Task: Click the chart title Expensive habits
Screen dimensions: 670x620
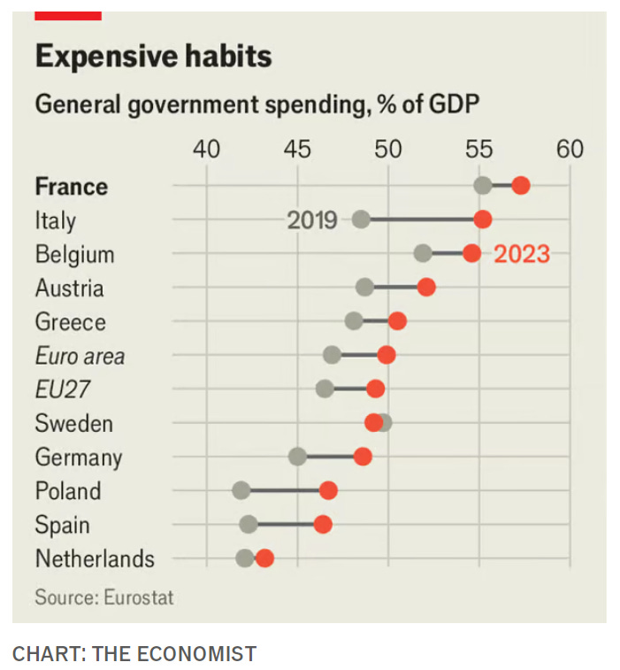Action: [x=153, y=58]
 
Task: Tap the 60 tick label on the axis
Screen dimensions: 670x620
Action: [x=570, y=149]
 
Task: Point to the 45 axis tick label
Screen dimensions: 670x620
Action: [x=297, y=149]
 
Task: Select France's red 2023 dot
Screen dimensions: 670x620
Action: [x=521, y=185]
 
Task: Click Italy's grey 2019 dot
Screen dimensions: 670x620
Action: [x=361, y=219]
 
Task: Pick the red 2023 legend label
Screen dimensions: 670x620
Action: [x=522, y=255]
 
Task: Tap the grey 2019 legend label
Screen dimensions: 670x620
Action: [x=312, y=219]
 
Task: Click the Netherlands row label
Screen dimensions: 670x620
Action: [x=95, y=559]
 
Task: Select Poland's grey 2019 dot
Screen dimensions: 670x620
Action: [x=241, y=490]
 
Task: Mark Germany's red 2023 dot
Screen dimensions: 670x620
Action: [x=363, y=457]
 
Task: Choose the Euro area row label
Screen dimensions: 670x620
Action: [x=80, y=356]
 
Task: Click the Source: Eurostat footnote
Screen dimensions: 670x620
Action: [x=104, y=597]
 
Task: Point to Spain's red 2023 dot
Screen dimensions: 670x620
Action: [x=323, y=524]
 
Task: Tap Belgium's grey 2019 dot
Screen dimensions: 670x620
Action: [x=423, y=254]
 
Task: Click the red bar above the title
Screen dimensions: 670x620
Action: [x=68, y=15]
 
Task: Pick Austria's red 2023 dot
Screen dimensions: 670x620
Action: [x=426, y=287]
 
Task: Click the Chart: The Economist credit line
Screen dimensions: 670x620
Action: [x=134, y=654]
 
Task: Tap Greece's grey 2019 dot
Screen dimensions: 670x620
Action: [x=354, y=320]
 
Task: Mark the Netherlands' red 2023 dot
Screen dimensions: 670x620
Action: [x=264, y=558]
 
